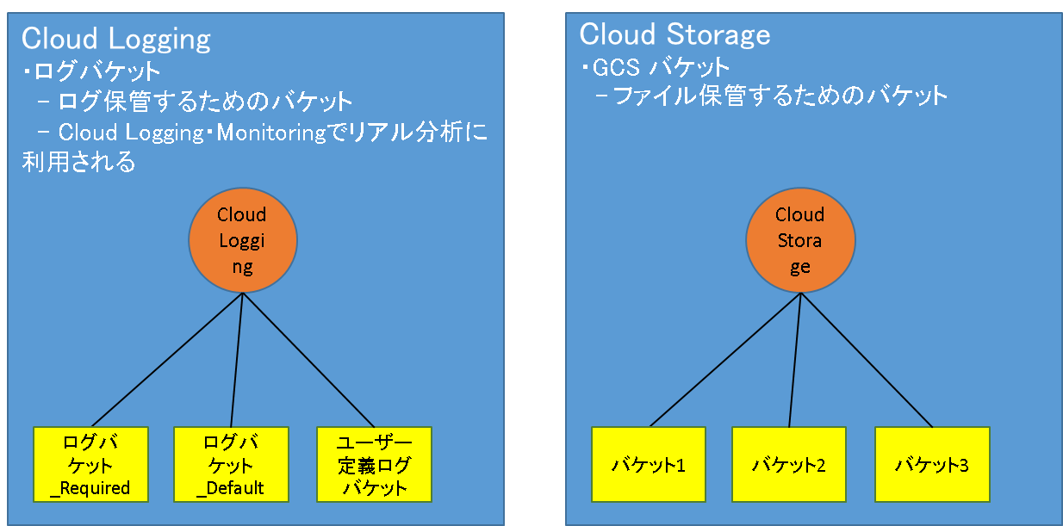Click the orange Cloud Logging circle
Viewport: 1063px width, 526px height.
[x=243, y=240]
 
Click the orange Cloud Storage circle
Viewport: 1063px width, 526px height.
[x=800, y=240]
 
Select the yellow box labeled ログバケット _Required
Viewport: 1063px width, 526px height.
[x=90, y=464]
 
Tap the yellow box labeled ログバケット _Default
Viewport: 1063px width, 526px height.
[x=230, y=464]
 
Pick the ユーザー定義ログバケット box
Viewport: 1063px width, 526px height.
[x=374, y=464]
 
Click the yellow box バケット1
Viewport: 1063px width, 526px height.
[x=648, y=464]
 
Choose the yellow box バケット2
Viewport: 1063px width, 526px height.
[x=789, y=464]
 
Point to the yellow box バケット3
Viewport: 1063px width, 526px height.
[x=931, y=464]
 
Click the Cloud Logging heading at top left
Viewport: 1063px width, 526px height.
[x=115, y=39]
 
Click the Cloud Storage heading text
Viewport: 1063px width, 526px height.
[x=674, y=34]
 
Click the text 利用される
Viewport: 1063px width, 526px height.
[x=78, y=163]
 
